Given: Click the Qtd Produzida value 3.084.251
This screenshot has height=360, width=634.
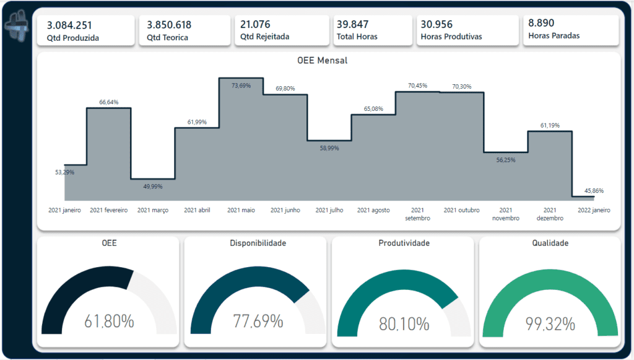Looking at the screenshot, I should (x=69, y=25).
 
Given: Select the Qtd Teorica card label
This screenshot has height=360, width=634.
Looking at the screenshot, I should (x=169, y=38).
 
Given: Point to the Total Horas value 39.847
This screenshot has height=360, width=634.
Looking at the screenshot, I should (x=352, y=25).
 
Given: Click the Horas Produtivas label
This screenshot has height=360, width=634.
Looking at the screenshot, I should (x=451, y=37).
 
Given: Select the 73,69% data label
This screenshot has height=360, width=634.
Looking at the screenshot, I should (x=241, y=86).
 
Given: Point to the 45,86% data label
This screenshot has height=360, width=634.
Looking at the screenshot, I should (x=592, y=190).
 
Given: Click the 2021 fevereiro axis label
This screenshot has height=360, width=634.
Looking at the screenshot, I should (x=109, y=211).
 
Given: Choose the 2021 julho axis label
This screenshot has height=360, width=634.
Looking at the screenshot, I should (x=329, y=211).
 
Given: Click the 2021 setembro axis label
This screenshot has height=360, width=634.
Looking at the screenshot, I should (x=418, y=214).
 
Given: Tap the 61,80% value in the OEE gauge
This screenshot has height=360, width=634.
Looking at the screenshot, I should (x=109, y=322).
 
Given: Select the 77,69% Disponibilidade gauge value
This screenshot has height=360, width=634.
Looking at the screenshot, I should (x=258, y=322).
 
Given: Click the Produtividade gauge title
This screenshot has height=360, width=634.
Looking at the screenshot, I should (x=404, y=244).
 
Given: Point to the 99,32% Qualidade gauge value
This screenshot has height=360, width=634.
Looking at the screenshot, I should (x=550, y=323).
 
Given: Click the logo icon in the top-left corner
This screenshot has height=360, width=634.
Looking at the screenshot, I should (x=15, y=29).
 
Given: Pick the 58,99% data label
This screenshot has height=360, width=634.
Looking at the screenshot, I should (x=329, y=148).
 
